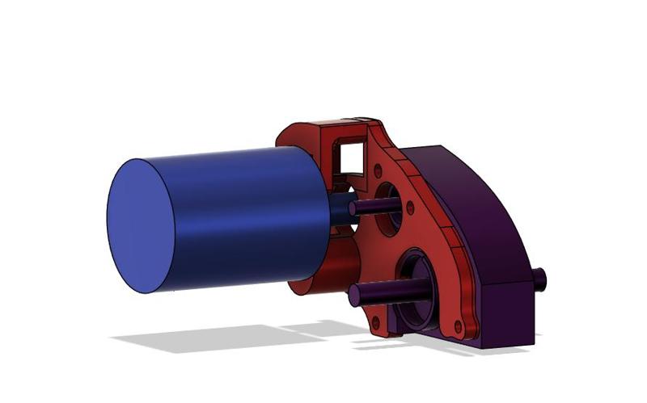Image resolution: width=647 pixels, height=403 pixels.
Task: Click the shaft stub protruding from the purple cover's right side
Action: (x=539, y=279)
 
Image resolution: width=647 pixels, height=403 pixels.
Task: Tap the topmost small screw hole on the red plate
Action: (x=376, y=172)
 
